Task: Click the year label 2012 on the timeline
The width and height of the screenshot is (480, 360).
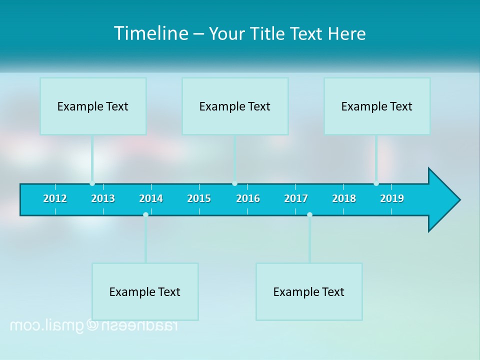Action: pos(55,198)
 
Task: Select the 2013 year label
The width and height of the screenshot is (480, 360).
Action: pos(103,198)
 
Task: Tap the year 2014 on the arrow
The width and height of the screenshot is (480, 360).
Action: pos(151,198)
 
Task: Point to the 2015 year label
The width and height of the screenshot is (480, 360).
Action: pos(199,198)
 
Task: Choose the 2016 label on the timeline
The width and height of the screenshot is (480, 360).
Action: pos(248,198)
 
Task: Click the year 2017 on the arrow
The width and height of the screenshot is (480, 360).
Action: pos(296,198)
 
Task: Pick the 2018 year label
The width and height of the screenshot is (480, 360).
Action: pos(344,198)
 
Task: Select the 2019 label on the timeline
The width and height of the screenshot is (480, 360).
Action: pos(392,198)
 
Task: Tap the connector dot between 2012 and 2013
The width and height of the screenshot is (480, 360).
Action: pos(92,183)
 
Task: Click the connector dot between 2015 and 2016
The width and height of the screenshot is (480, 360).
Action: pos(234,183)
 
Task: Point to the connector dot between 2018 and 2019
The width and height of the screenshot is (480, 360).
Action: pos(376,183)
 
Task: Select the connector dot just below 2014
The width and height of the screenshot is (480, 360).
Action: pos(145,214)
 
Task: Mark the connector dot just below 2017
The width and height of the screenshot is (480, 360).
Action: pos(309,214)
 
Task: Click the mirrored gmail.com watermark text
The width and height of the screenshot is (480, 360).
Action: pos(93,325)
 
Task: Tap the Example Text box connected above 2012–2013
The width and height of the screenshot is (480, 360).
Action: pos(93,106)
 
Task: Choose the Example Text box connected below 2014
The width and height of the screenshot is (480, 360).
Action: pos(145,291)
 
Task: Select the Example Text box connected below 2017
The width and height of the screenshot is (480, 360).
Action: pos(309,291)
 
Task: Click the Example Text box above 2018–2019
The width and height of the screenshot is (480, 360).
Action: pos(377,106)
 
